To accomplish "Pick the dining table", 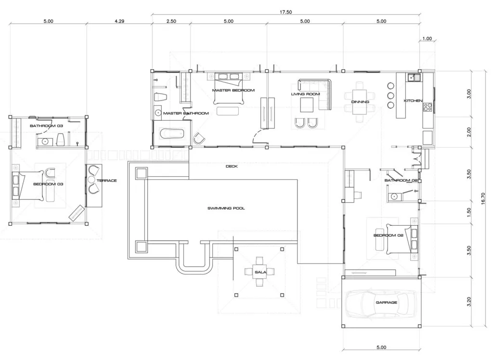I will pyautogui.click(x=360, y=102).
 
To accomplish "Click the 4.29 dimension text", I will pyautogui.click(x=119, y=21).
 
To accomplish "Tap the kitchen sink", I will pyautogui.click(x=412, y=77).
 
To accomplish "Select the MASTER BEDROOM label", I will pyautogui.click(x=233, y=90).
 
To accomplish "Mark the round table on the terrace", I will pyautogui.click(x=93, y=180).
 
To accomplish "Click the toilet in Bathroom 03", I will pyautogui.click(x=61, y=140).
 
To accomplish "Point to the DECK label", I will pyautogui.click(x=232, y=167).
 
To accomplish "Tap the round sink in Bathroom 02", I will pyautogui.click(x=394, y=196).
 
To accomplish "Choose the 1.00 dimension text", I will pyautogui.click(x=427, y=39).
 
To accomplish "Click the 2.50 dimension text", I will pyautogui.click(x=171, y=21).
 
